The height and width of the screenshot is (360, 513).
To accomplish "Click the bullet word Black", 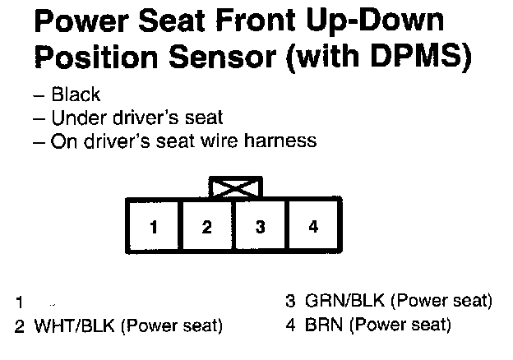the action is coord(76,95).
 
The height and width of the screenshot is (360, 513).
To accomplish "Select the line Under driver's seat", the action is coord(136,118).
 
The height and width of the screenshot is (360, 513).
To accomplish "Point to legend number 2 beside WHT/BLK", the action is coord(19,325).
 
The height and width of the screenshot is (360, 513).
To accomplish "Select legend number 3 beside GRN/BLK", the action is coord(290,300).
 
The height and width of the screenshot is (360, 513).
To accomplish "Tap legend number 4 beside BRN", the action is coord(290,325).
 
